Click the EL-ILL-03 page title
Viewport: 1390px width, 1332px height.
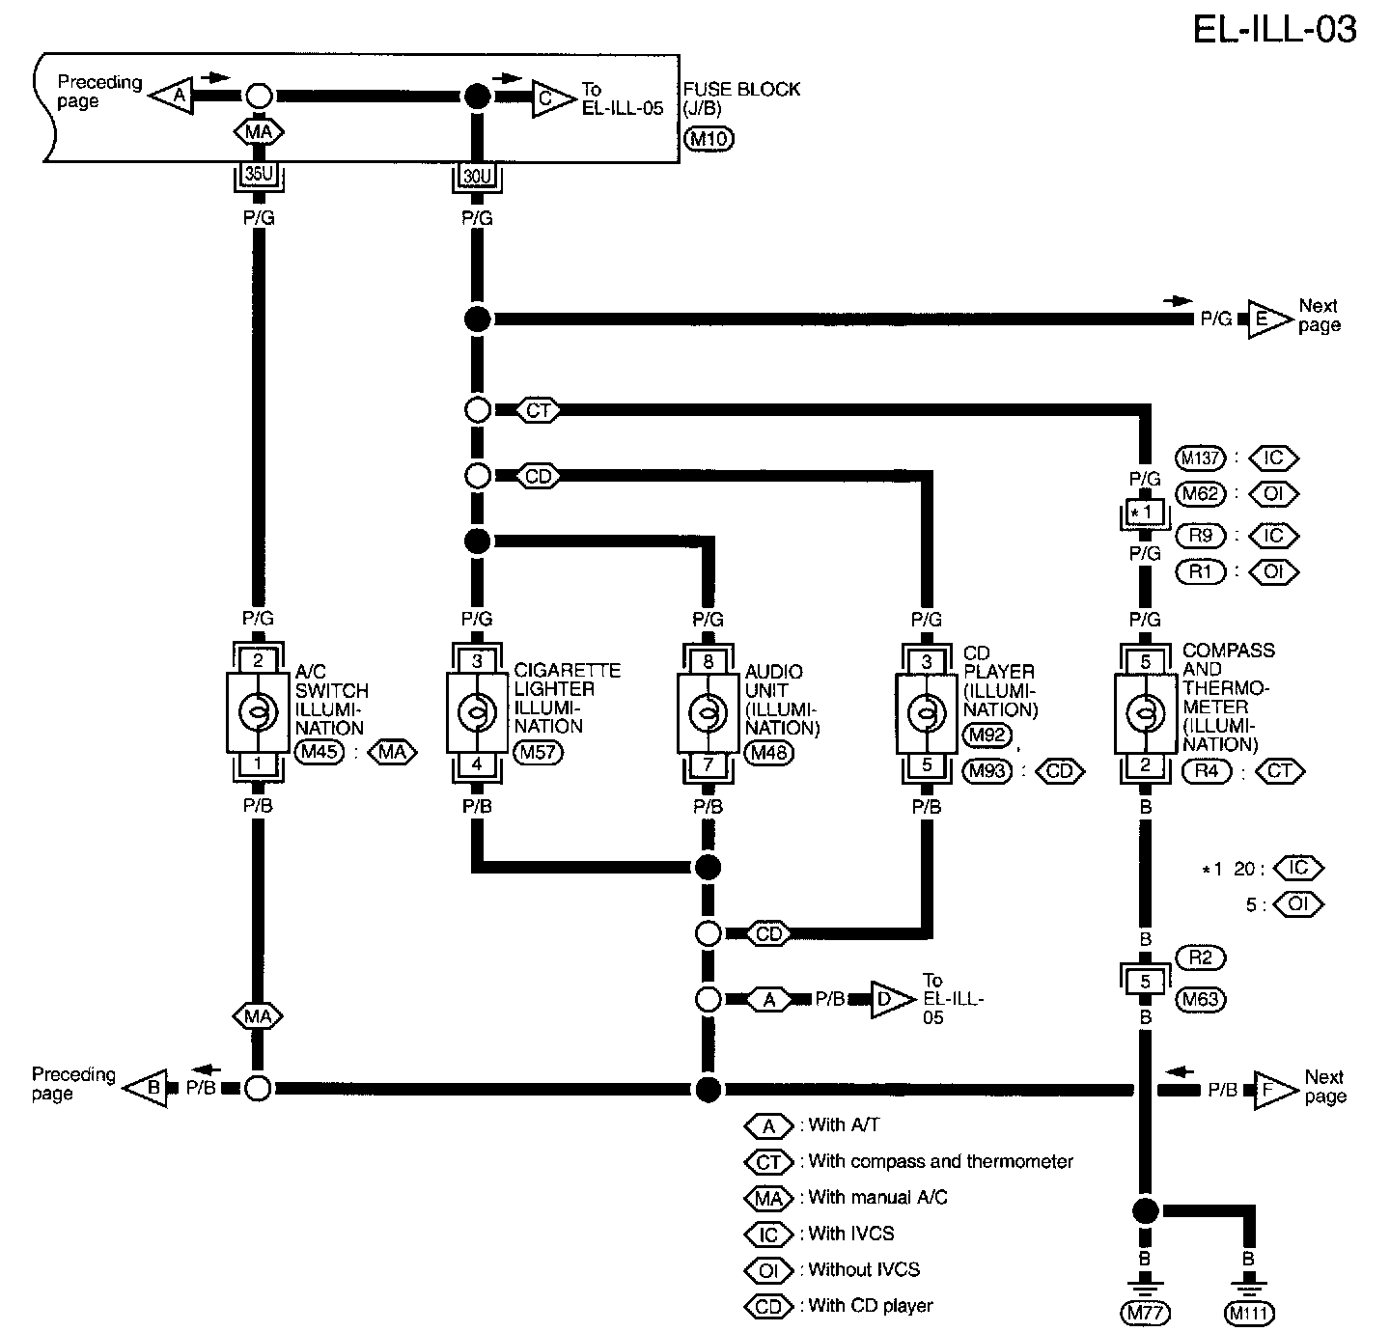click(1274, 29)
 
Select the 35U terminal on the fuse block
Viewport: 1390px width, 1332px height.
click(258, 175)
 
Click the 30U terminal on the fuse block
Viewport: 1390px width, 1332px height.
click(477, 176)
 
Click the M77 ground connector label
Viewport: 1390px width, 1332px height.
click(1145, 1313)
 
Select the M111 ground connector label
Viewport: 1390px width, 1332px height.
click(1249, 1313)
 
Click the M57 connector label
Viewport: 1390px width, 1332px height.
click(538, 752)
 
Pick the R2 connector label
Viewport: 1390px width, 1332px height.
click(1200, 957)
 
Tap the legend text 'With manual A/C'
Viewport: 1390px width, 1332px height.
click(878, 1198)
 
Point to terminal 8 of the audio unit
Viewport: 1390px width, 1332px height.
click(708, 662)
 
